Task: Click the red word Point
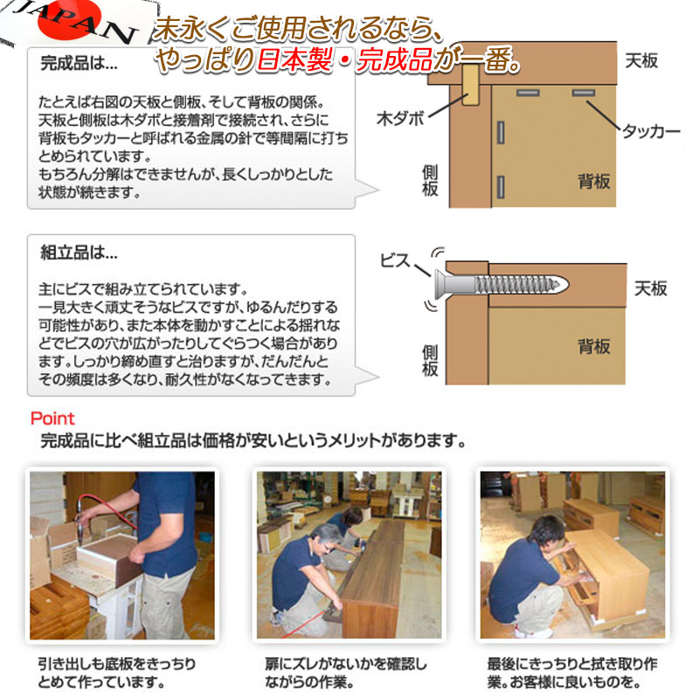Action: (x=52, y=419)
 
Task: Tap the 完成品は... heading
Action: (x=79, y=63)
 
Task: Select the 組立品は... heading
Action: (x=79, y=253)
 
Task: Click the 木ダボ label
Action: (x=400, y=119)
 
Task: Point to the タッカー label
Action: (x=651, y=131)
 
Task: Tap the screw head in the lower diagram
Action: (x=440, y=285)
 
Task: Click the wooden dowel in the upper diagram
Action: (x=470, y=85)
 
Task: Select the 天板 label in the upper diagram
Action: (x=641, y=61)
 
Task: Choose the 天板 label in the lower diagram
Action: (x=650, y=289)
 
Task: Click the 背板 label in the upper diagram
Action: (x=594, y=182)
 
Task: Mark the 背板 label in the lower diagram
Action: (x=594, y=346)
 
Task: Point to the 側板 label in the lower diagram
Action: (x=430, y=361)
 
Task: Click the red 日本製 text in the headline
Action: (x=294, y=59)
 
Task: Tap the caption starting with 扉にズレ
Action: (x=345, y=673)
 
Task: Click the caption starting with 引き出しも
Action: (x=117, y=673)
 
